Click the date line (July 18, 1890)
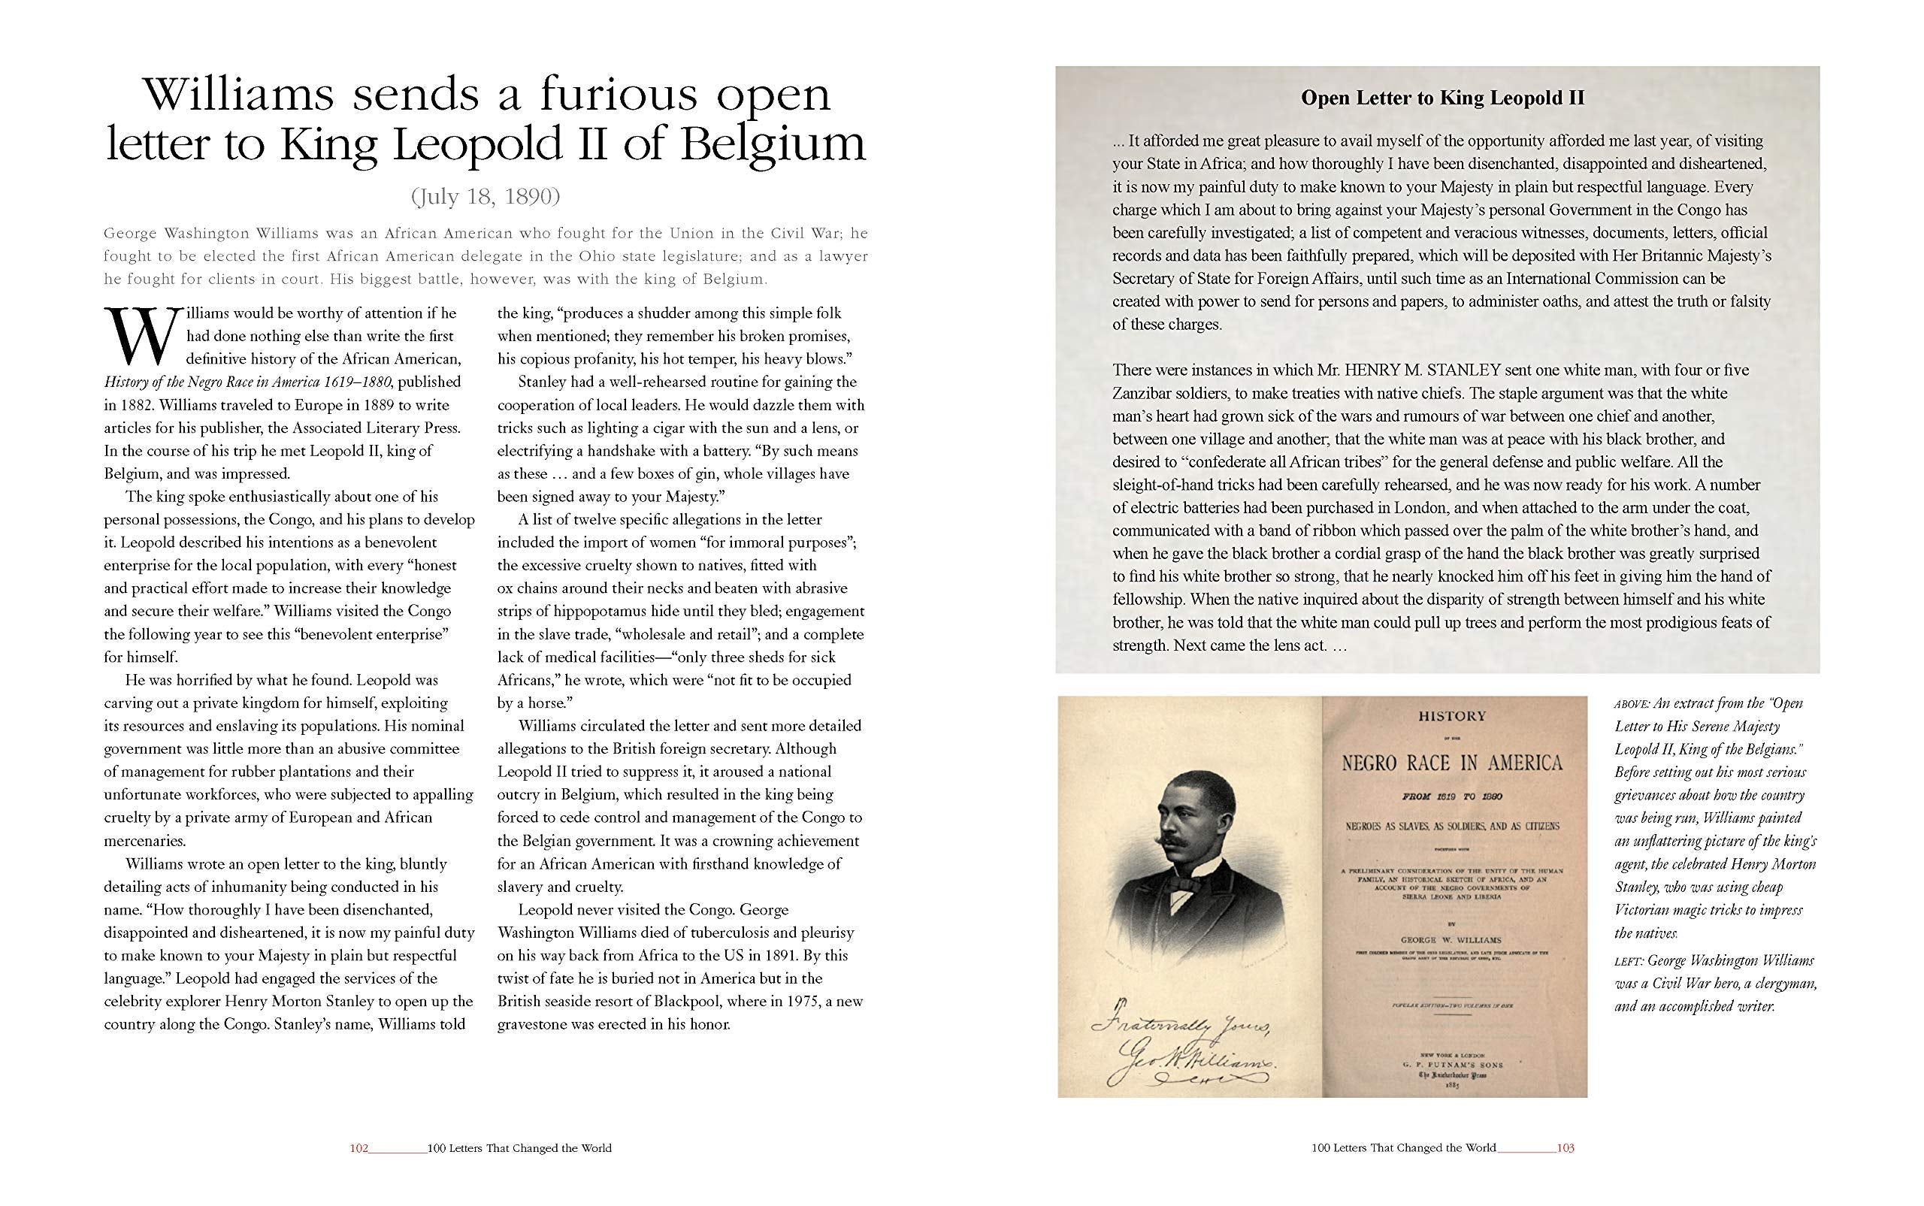486,196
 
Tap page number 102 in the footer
358,1149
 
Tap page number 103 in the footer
1565,1149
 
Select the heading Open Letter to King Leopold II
1442,98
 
